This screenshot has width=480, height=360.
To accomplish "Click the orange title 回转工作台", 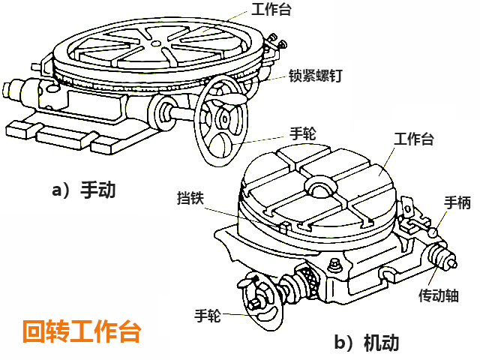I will [x=81, y=329].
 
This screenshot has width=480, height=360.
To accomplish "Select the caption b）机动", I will [x=368, y=343].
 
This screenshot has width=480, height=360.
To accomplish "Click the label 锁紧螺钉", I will [x=314, y=76].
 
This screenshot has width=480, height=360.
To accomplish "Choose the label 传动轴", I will [x=439, y=294].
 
